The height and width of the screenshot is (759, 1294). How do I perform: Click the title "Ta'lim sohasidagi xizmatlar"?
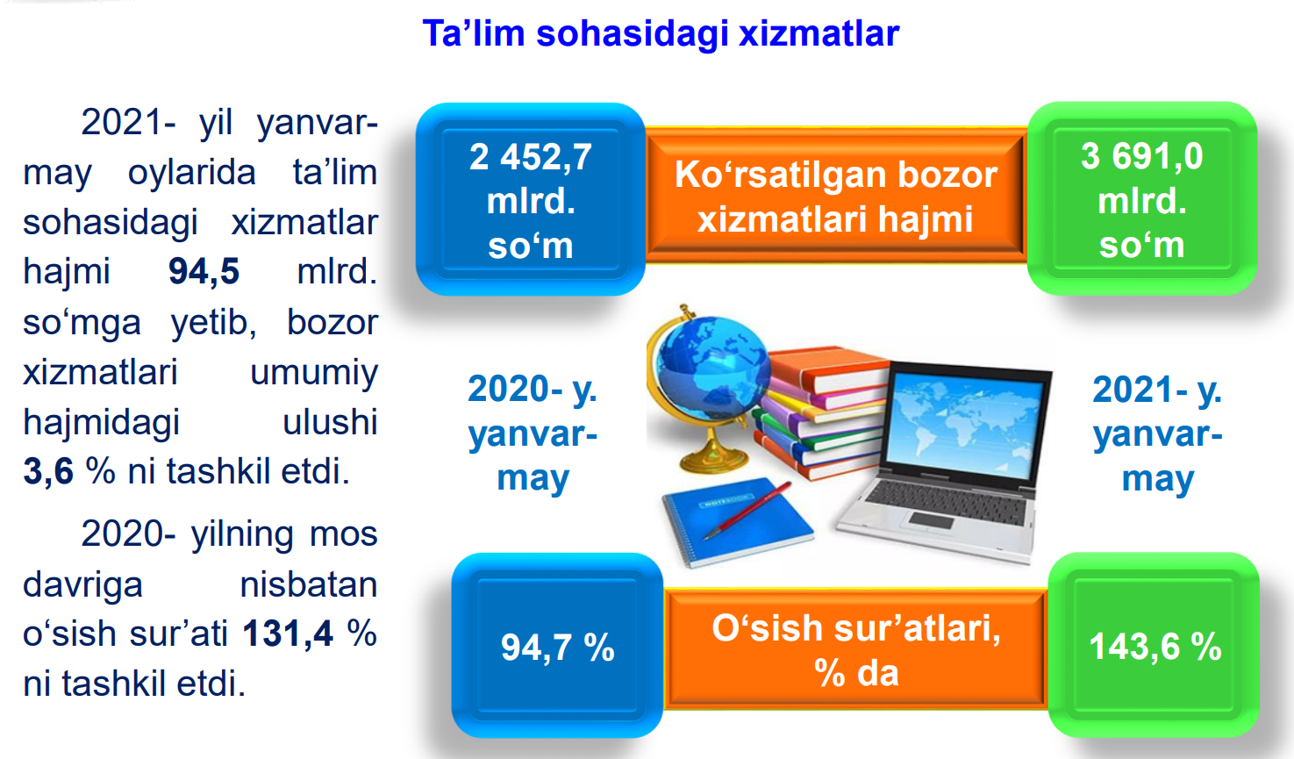click(x=661, y=33)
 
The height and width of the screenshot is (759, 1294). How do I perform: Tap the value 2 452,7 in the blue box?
click(x=530, y=156)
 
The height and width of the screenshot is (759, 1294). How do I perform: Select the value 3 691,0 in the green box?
click(x=1141, y=156)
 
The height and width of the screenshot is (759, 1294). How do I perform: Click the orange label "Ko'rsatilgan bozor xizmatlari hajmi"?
click(x=836, y=197)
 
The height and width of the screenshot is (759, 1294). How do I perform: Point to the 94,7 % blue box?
click(x=557, y=645)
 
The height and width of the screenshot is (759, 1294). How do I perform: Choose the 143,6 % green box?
click(x=1154, y=645)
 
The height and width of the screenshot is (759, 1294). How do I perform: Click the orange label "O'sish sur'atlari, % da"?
click(x=855, y=649)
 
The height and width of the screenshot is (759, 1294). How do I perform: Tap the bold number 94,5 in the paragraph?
click(x=204, y=271)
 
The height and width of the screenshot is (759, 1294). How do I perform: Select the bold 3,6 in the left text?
click(x=48, y=471)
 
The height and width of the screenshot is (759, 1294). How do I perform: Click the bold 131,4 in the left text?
click(x=288, y=634)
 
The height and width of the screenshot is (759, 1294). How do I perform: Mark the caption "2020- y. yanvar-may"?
click(x=533, y=433)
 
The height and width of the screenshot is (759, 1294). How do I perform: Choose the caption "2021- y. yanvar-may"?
click(x=1157, y=433)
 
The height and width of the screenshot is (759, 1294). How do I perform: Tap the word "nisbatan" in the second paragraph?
click(x=309, y=584)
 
